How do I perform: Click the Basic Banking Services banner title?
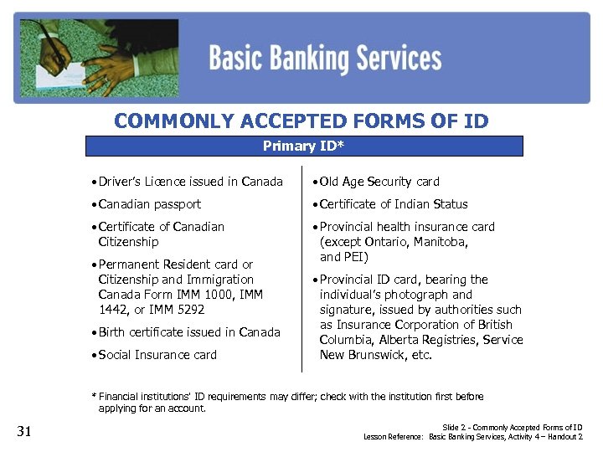coord(325,59)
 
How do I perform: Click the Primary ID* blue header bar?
coord(304,146)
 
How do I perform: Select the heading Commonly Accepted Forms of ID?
coord(301,121)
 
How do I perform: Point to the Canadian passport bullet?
coord(150,204)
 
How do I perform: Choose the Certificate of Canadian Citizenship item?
coord(161,234)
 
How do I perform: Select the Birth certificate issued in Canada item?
coord(189,332)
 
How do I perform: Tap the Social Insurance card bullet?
coord(157,355)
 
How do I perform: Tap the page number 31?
coord(24,432)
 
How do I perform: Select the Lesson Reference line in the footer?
coord(472,437)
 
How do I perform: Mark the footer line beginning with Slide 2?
coord(512,428)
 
